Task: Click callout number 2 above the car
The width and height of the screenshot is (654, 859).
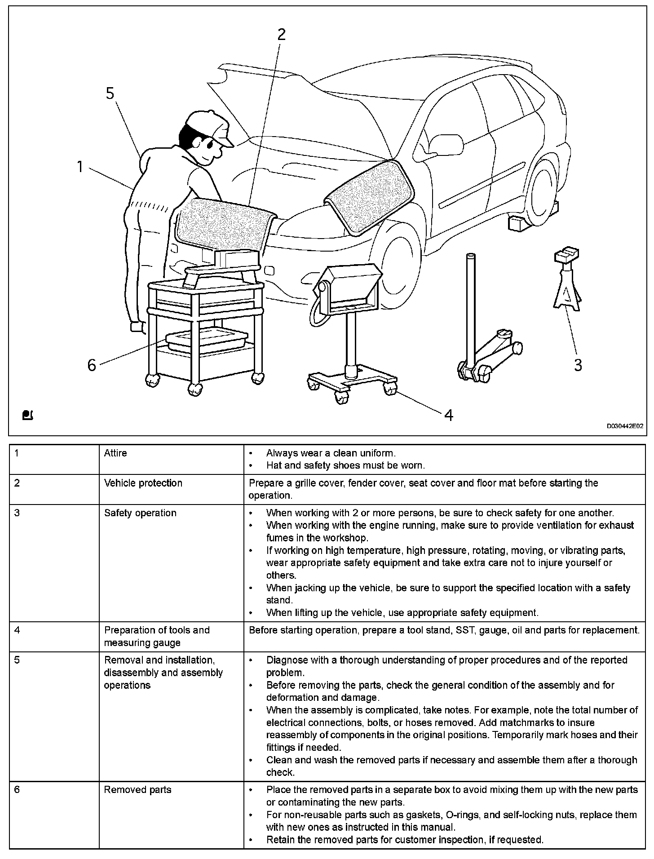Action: point(281,34)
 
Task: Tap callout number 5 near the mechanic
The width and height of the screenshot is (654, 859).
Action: point(110,93)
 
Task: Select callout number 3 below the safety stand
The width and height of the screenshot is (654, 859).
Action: point(578,365)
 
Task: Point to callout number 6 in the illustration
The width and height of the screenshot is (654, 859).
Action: point(92,365)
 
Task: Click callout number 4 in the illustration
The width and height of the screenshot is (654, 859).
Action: point(448,415)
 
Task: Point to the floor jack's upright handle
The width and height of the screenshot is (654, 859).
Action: point(470,306)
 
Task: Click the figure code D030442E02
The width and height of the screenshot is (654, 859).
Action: point(625,426)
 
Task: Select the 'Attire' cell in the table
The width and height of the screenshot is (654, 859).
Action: point(115,453)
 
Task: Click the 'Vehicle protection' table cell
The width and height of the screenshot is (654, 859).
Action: point(143,483)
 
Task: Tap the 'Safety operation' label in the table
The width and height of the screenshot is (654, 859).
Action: point(140,513)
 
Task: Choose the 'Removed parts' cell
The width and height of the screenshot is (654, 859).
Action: point(137,789)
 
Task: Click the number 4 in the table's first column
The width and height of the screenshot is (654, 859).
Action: point(17,630)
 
